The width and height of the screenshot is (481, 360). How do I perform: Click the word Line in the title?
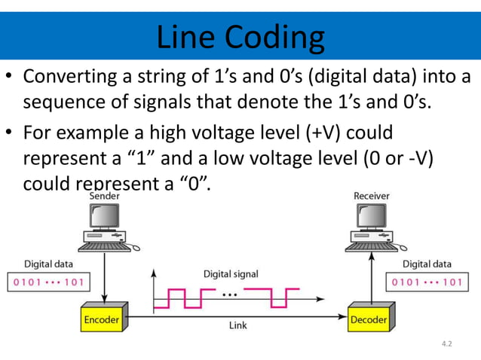183,36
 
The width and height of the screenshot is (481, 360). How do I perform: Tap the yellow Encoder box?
102,320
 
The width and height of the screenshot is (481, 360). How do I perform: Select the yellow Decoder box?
368,320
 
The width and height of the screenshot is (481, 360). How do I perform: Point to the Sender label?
104,196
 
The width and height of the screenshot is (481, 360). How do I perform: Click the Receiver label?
372,196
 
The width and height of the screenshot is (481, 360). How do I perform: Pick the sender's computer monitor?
104,218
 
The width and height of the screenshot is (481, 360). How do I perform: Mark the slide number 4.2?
448,344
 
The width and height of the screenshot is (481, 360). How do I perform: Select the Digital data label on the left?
49,264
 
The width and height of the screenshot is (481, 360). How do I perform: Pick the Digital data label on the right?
427,264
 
